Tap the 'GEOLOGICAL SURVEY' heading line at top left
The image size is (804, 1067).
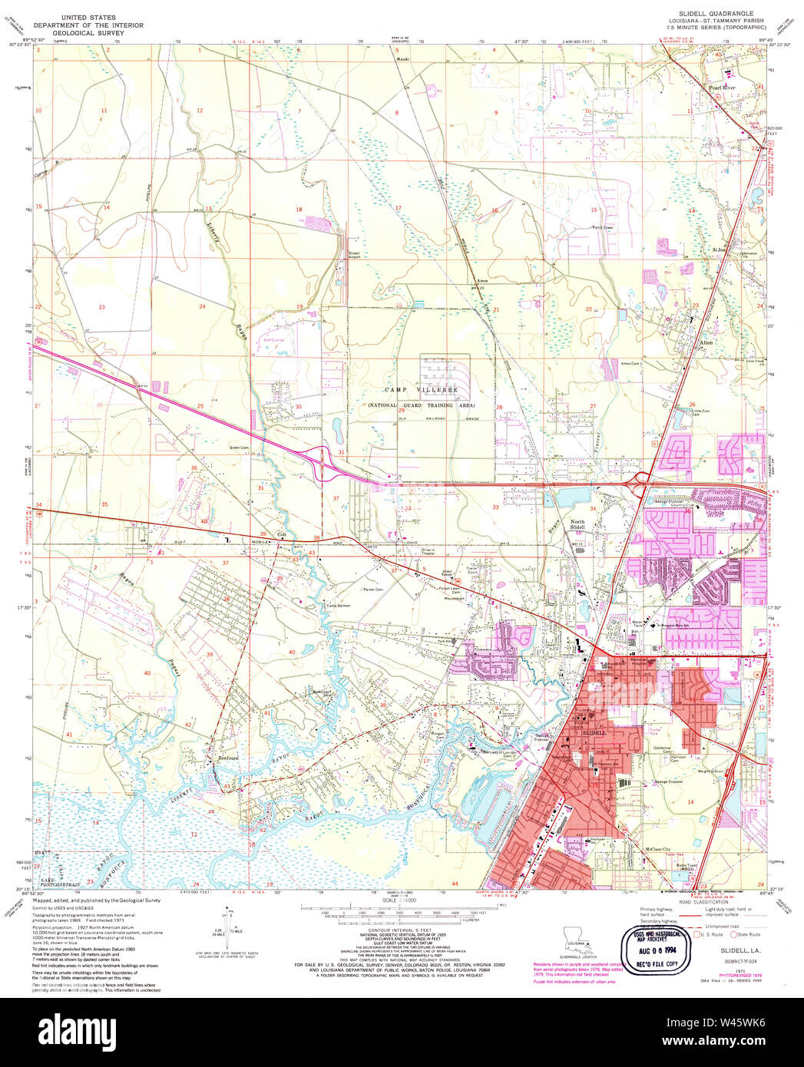pyautogui.click(x=88, y=34)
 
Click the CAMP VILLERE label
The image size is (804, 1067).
pyautogui.click(x=421, y=390)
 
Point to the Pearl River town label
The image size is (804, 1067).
pyautogui.click(x=721, y=88)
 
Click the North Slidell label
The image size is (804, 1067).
pyautogui.click(x=577, y=525)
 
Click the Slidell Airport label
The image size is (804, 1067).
pyautogui.click(x=354, y=255)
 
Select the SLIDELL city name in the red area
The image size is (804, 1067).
pyautogui.click(x=594, y=733)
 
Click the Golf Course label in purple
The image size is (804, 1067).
pyautogui.click(x=273, y=339)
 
